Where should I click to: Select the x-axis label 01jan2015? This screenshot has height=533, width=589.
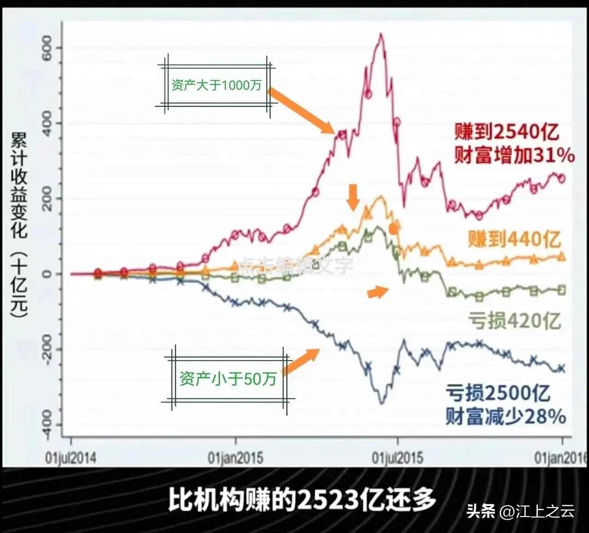pos(236,458)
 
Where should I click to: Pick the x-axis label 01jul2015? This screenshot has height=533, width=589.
pos(398,458)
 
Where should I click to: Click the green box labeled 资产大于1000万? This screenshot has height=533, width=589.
pos(216,85)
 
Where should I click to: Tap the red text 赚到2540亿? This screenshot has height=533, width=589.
pos(507,132)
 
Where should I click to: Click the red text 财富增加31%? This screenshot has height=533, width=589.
pos(514,156)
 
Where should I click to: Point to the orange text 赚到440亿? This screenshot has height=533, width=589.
pos(514,239)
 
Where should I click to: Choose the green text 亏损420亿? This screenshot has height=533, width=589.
pos(514,320)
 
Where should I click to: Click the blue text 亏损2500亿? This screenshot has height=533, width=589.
pos(498,393)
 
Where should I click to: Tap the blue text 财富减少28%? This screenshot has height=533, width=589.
pos(505,416)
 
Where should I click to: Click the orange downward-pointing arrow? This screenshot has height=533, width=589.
pos(353,197)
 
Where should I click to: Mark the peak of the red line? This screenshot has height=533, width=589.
pos(381,34)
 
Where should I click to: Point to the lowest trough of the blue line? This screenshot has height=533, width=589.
pos(381,404)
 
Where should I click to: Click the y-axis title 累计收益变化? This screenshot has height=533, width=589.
pos(19,184)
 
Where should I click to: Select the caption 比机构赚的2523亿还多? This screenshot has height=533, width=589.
pos(301,499)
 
